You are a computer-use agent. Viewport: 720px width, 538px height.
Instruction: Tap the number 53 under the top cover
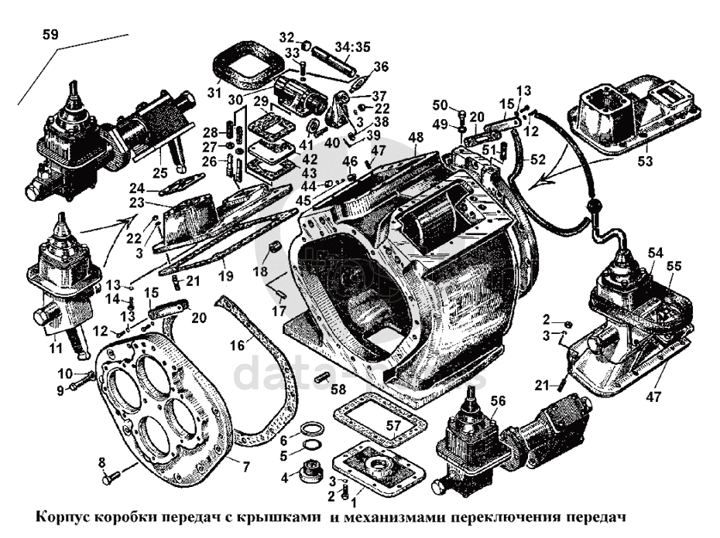(645, 162)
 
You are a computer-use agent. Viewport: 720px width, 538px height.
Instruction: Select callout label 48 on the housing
(416, 138)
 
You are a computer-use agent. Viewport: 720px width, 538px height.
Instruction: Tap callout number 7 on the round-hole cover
(246, 466)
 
